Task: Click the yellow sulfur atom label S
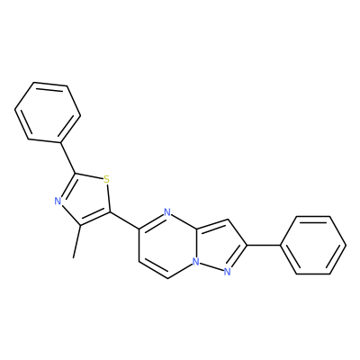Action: click(106, 180)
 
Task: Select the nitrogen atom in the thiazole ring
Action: click(58, 201)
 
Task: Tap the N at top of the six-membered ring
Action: click(167, 212)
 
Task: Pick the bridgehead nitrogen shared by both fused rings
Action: click(196, 262)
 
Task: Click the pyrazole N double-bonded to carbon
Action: click(227, 272)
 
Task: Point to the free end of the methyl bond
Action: click(74, 257)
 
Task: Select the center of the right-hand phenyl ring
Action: click(313, 245)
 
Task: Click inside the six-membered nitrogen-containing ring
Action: click(167, 245)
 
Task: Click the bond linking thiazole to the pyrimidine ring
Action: click(125, 220)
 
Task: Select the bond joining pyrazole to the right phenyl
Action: click(263, 245)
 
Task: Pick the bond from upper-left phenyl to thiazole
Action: click(68, 157)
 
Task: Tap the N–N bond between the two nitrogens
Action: click(211, 266)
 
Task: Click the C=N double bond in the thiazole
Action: click(67, 185)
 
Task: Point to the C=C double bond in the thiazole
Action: click(94, 219)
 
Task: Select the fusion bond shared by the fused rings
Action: click(196, 244)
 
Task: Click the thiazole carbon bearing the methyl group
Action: click(79, 226)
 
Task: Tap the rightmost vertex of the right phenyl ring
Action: click(346, 245)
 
